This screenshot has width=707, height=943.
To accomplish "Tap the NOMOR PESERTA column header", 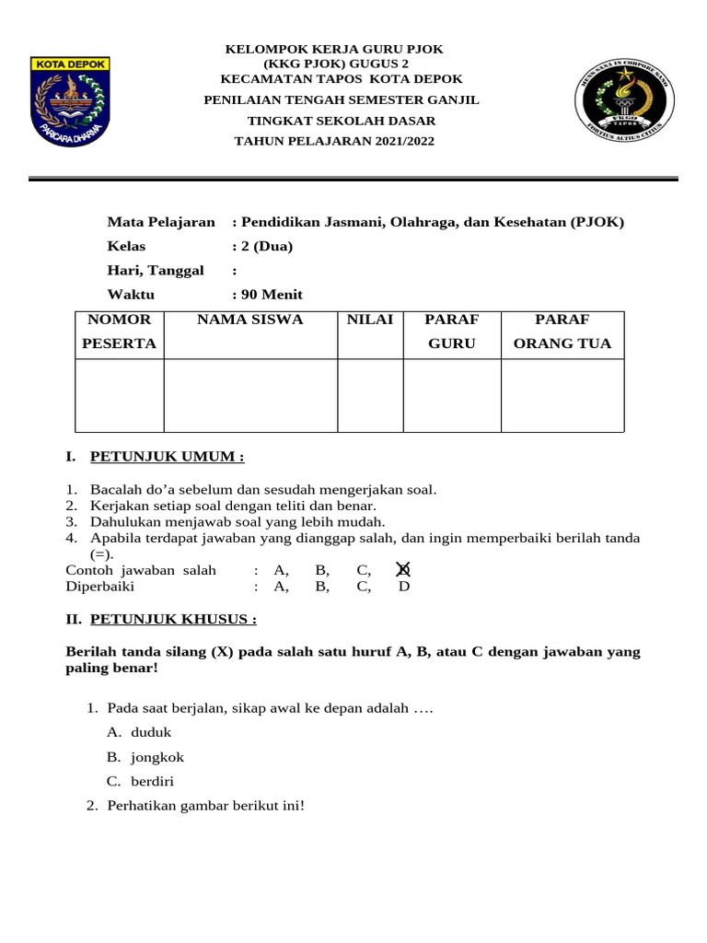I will click(x=120, y=332).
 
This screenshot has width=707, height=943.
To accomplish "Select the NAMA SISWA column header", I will click(x=249, y=320).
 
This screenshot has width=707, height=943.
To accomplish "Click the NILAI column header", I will click(x=370, y=320).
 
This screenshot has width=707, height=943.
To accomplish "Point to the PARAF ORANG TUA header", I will click(x=562, y=332).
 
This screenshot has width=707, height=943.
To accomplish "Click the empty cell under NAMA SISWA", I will click(x=250, y=395).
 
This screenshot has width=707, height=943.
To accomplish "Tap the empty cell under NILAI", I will click(x=370, y=395).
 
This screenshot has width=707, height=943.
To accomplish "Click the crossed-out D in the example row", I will click(x=402, y=570).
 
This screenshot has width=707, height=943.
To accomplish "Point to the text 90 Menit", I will click(x=272, y=295).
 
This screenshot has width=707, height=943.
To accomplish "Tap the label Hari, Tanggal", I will click(x=156, y=270).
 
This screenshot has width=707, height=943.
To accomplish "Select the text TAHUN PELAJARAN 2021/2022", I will click(x=334, y=141).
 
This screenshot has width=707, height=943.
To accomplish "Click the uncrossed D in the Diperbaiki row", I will click(x=403, y=586).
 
